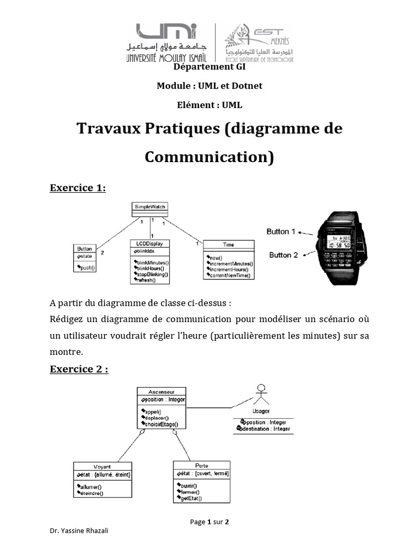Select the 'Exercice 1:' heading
point(77,188)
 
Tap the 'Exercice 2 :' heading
point(79,369)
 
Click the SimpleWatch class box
point(149,207)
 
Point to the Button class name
point(85,248)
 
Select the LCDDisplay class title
point(150,243)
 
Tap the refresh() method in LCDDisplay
point(146,280)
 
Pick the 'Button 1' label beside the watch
point(280,231)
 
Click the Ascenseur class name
point(161,391)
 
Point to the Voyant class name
point(102,467)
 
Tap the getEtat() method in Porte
point(191,498)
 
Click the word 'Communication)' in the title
point(209,157)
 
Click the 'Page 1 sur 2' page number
point(209,522)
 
